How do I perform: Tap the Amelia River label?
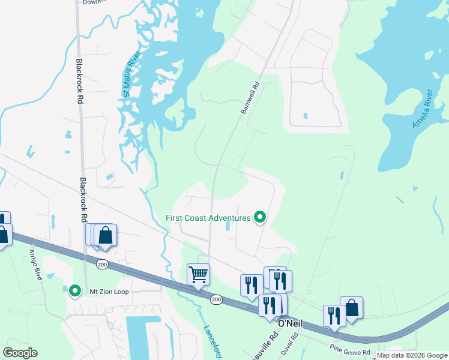click(x=422, y=110)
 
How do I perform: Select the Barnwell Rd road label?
click(x=249, y=98)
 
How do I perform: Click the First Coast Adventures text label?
click(x=208, y=218)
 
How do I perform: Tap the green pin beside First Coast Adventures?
click(x=260, y=217)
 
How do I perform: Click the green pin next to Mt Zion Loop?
click(x=75, y=291)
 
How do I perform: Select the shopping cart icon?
click(x=198, y=275)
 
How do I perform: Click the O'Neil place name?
click(x=289, y=323)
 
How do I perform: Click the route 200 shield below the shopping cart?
click(x=216, y=299)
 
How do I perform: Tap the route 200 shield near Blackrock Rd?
click(x=102, y=264)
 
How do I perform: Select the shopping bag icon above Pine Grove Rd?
click(x=351, y=308)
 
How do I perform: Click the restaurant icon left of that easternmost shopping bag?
click(x=334, y=316)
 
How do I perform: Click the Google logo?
click(x=20, y=353)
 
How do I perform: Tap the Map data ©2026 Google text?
click(x=412, y=355)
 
